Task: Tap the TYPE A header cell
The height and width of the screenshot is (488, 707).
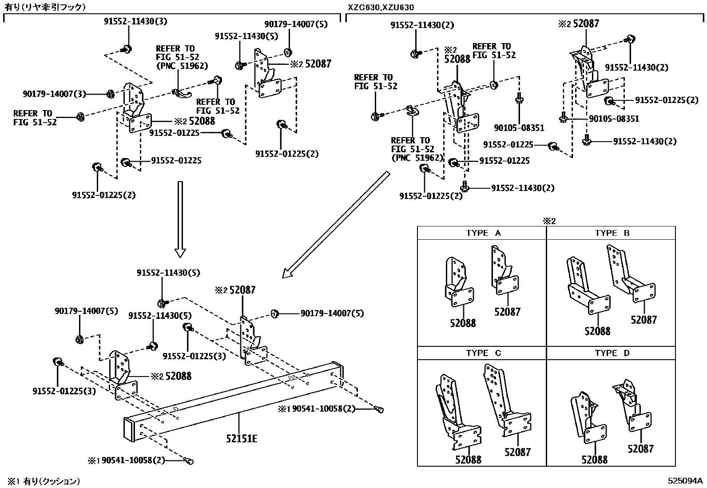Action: (482, 233)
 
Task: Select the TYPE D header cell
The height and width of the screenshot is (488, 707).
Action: (612, 353)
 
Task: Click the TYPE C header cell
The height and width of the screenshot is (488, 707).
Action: (482, 353)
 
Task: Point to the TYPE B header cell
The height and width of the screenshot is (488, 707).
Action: (612, 233)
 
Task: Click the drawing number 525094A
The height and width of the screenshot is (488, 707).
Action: (686, 480)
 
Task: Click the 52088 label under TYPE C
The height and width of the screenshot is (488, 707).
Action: (468, 460)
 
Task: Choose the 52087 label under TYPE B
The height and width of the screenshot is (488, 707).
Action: (643, 319)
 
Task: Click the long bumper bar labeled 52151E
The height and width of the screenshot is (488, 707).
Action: (231, 400)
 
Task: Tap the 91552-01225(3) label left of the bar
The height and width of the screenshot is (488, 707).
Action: (64, 391)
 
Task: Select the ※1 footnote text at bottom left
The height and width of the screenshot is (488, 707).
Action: (43, 480)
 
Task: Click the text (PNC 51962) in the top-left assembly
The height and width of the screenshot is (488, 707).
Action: (182, 66)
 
